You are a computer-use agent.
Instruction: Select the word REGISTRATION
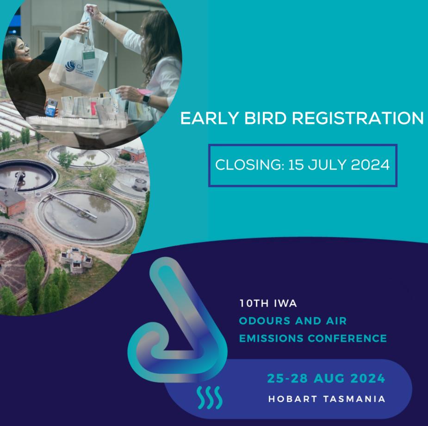pyautogui.click(x=358, y=118)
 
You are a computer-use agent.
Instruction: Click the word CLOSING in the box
pyautogui.click(x=249, y=165)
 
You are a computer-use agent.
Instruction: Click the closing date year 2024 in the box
pyautogui.click(x=370, y=165)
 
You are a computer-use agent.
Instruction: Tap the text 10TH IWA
pyautogui.click(x=268, y=303)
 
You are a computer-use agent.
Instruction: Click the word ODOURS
pyautogui.click(x=265, y=321)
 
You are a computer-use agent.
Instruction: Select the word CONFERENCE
pyautogui.click(x=347, y=339)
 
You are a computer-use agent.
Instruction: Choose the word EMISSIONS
pyautogui.click(x=271, y=339)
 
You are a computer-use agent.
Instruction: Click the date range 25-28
pyautogui.click(x=287, y=378)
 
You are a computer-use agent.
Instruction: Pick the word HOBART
pyautogui.click(x=293, y=399)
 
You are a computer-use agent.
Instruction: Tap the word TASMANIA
pyautogui.click(x=354, y=399)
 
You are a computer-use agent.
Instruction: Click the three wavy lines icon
pyautogui.click(x=209, y=398)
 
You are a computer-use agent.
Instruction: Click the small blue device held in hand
pyautogui.click(x=51, y=107)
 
